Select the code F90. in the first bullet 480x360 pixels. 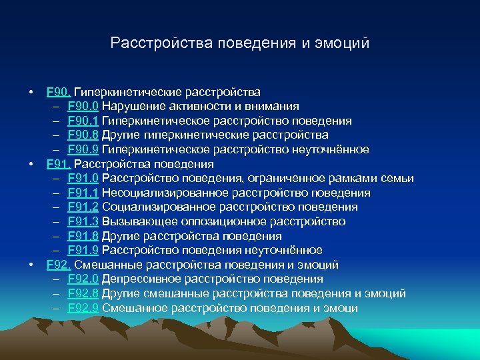point(59,91)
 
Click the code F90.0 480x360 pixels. point(83,106)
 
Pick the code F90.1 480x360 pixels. point(83,121)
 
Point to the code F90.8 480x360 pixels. point(83,135)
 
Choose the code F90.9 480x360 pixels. point(83,149)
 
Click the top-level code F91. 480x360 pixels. point(59,164)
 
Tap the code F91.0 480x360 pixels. point(83,178)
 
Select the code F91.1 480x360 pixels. point(83,193)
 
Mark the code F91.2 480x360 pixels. point(83,207)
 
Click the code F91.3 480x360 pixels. point(83,221)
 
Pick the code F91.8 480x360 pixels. point(83,236)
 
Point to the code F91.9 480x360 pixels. point(83,251)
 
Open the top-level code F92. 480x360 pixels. point(59,265)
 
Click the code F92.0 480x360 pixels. point(83,279)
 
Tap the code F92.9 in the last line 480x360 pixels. point(83,308)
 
